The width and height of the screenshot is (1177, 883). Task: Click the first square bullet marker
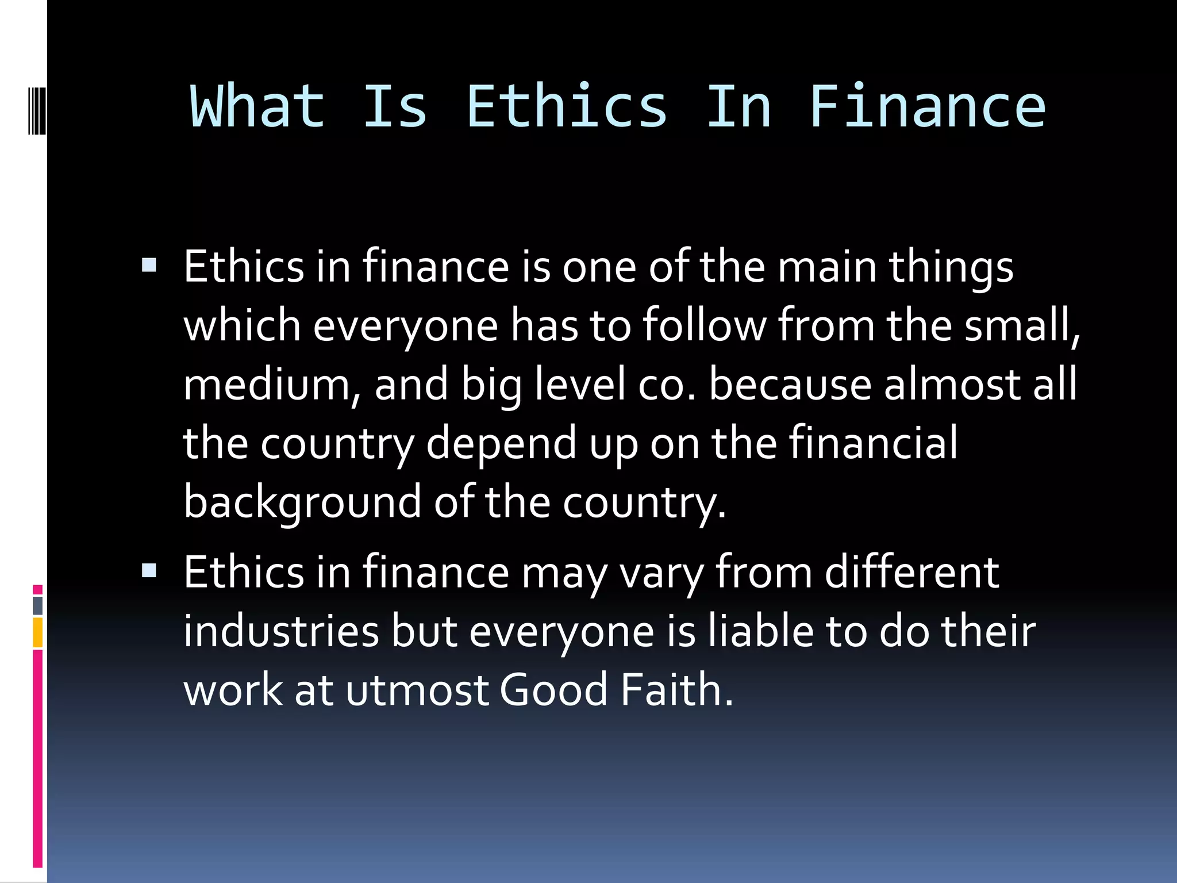(x=149, y=264)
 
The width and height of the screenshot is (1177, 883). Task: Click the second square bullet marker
(x=149, y=570)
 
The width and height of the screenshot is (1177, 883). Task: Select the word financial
(x=872, y=443)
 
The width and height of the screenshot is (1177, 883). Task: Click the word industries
(x=281, y=631)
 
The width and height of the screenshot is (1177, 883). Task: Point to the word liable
(x=760, y=631)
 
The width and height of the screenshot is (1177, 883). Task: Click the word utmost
(x=417, y=690)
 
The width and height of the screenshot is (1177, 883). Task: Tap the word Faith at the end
(x=676, y=690)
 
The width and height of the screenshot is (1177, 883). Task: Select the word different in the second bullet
(x=912, y=573)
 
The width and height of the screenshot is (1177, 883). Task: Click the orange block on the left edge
(x=38, y=632)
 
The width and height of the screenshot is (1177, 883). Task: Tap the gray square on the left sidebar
(x=38, y=605)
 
